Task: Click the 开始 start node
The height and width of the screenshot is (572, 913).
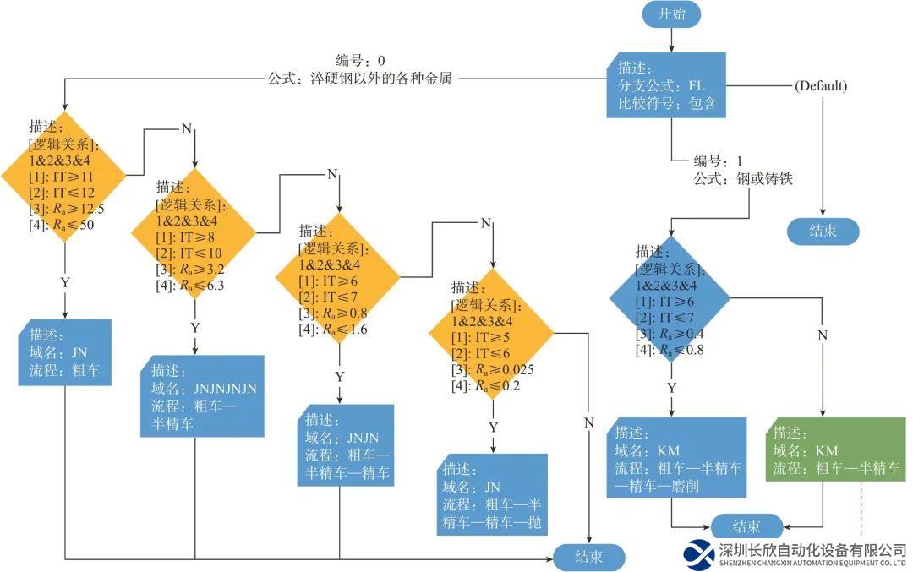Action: coord(671,14)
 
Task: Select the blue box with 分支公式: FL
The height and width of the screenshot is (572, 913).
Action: coord(666,85)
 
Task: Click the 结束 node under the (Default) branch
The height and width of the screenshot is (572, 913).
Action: coord(823,231)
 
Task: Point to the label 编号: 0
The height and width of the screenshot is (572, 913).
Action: coord(360,61)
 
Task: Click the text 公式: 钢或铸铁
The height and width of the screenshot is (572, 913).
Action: coord(743,179)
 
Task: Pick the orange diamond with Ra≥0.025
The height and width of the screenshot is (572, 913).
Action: coord(492,333)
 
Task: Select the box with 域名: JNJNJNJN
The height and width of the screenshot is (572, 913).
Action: coord(200,396)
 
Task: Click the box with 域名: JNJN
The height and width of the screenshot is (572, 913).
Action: coord(346,445)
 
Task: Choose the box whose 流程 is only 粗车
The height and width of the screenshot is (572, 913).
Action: coord(64,352)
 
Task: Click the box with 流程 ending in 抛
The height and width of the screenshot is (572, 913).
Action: coord(492,495)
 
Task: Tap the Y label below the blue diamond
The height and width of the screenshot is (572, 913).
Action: coord(671,388)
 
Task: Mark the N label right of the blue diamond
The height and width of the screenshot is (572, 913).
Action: coord(822,335)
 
